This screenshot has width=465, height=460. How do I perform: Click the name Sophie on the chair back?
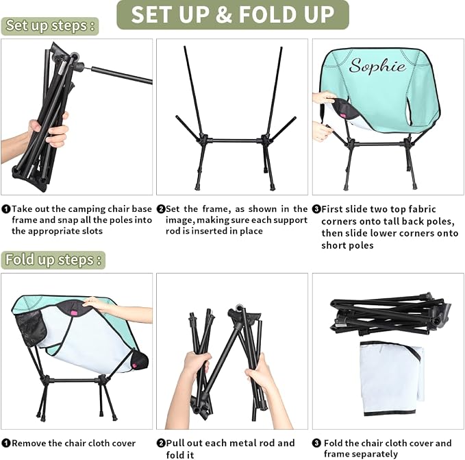pyautogui.click(x=377, y=66)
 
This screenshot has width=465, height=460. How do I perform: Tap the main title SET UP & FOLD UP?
pyautogui.click(x=233, y=14)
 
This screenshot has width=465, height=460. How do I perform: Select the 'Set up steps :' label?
pyautogui.click(x=50, y=25)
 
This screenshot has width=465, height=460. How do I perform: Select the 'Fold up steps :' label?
pyautogui.click(x=53, y=260)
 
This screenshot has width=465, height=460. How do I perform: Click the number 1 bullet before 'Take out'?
pyautogui.click(x=6, y=209)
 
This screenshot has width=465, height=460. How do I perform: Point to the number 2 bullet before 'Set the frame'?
pyautogui.click(x=161, y=209)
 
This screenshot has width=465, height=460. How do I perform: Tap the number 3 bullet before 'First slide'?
pyautogui.click(x=316, y=209)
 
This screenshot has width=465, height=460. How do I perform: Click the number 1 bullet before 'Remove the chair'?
pyautogui.click(x=6, y=443)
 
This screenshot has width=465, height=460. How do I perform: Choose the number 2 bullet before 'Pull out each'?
pyautogui.click(x=161, y=443)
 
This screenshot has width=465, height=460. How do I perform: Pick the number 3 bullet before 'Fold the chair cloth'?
pyautogui.click(x=316, y=443)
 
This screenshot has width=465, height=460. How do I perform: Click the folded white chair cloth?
pyautogui.click(x=392, y=378)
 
